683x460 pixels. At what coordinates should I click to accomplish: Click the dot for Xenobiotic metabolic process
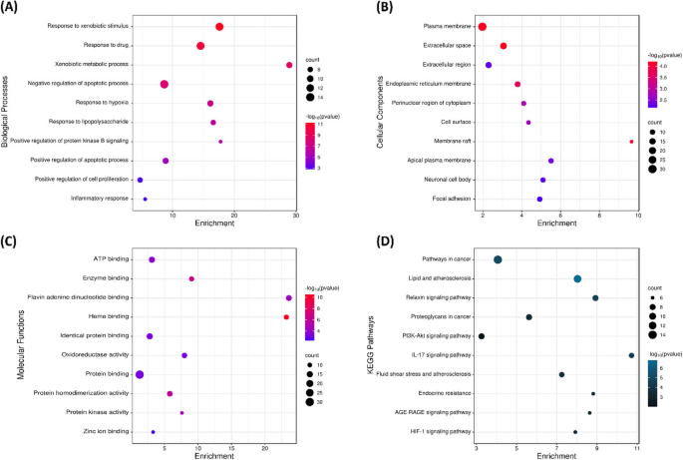(x=289, y=65)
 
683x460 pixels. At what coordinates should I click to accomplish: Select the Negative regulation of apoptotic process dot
(x=165, y=84)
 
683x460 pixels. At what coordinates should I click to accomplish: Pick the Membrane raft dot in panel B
(x=631, y=142)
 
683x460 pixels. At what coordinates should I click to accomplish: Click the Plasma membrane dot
(x=483, y=27)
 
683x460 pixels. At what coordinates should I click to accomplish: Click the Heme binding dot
(x=286, y=317)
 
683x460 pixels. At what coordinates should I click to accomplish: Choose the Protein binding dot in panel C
(x=141, y=374)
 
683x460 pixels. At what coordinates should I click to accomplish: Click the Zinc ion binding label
(x=106, y=432)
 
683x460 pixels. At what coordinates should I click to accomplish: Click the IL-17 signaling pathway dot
(x=631, y=355)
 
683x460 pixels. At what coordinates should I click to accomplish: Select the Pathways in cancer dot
(x=498, y=259)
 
